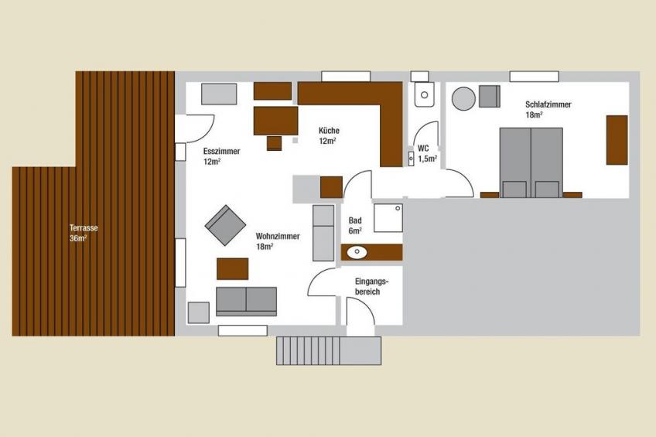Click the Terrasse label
84,233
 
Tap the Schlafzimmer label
548,109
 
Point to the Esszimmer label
221,156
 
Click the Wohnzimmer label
278,241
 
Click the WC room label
427,153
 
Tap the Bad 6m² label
355,225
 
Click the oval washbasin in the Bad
357,252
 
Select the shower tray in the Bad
388,218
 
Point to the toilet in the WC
424,94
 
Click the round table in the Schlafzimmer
463,99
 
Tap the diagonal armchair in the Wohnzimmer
225,225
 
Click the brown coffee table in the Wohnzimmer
232,269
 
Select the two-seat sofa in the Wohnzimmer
247,302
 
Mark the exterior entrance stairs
329,351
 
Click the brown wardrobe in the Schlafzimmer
617,140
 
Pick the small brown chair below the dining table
275,143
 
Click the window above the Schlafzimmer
535,77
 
